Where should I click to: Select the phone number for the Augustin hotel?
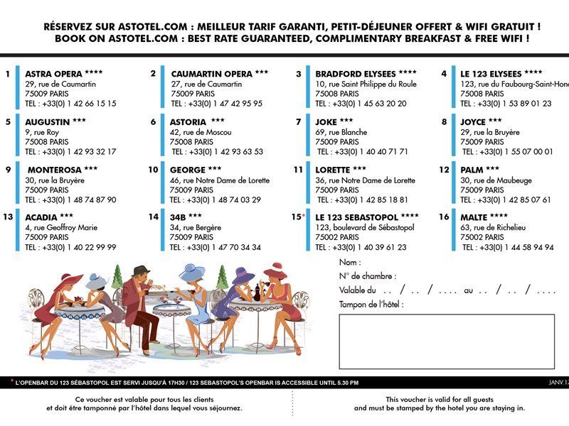(70, 151)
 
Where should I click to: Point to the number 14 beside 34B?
(154, 217)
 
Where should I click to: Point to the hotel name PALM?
(480, 170)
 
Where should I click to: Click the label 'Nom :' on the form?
(350, 263)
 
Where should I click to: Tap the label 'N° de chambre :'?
(368, 276)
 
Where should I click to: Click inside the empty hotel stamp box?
(447, 342)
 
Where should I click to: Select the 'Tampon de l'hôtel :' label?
(371, 304)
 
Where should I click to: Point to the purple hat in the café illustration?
(243, 275)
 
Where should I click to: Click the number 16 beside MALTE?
(444, 217)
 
